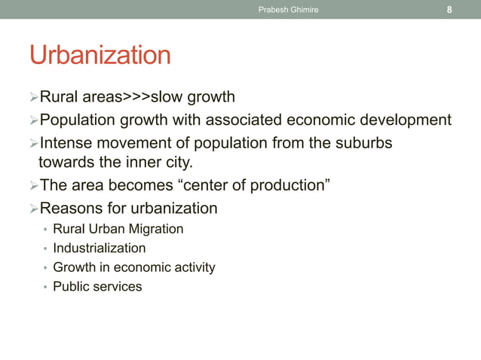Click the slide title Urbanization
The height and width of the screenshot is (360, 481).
click(100, 55)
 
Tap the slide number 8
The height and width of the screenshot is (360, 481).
click(449, 10)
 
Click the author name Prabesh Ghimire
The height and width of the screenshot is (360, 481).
click(289, 10)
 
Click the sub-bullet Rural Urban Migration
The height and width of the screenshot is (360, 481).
click(118, 228)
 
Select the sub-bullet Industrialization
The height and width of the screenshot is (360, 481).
click(100, 248)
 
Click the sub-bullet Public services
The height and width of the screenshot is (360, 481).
click(97, 287)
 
